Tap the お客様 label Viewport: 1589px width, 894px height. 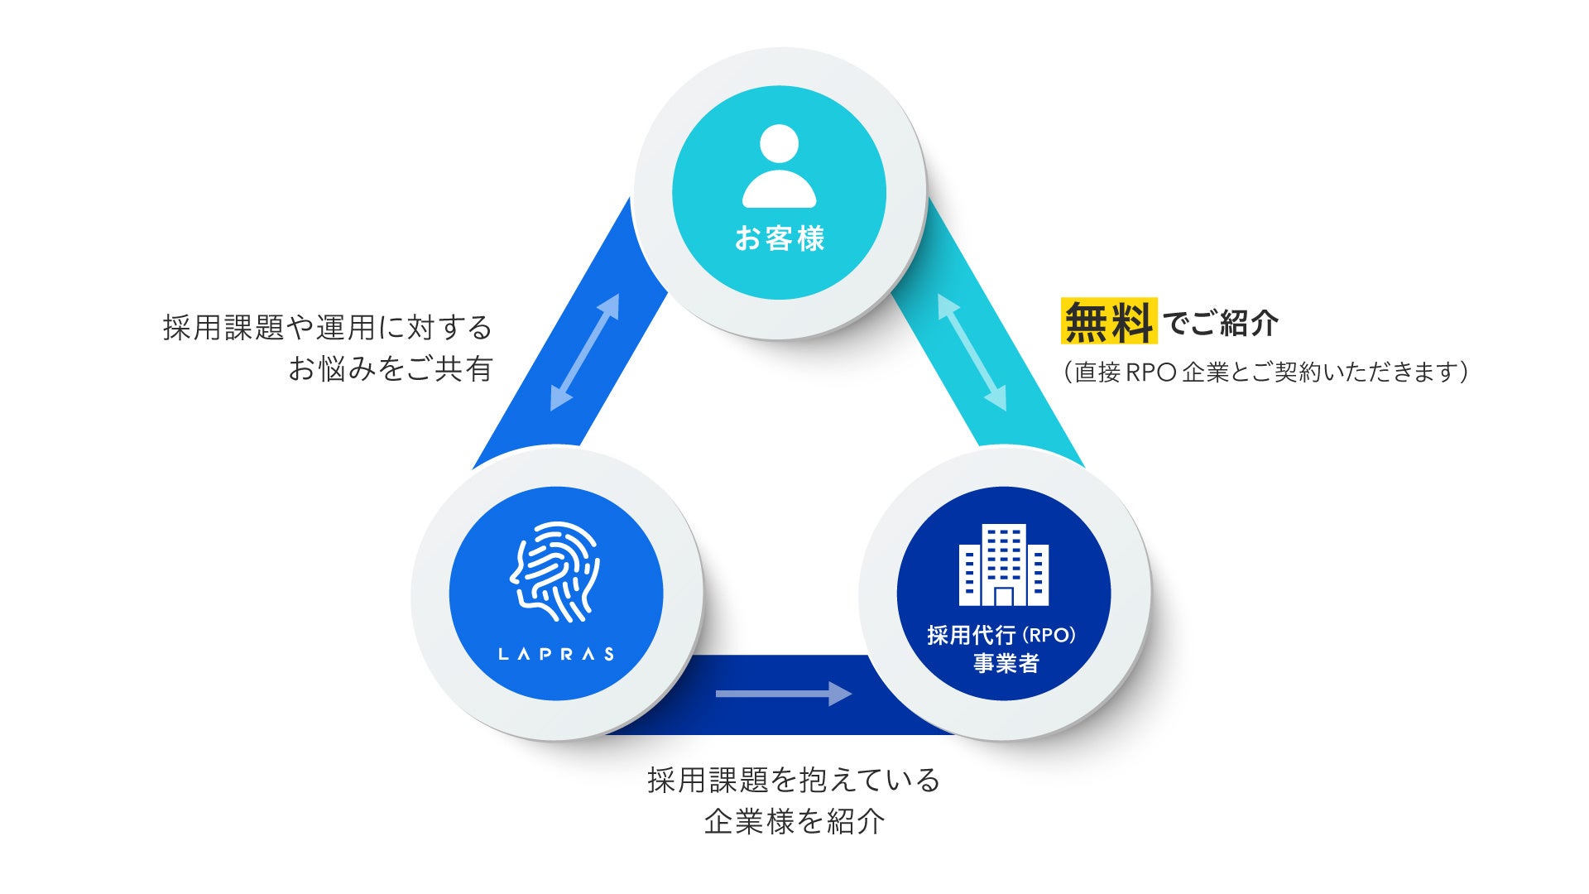coord(780,239)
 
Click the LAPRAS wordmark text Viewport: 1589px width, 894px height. coord(556,654)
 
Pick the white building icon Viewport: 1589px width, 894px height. coord(1003,565)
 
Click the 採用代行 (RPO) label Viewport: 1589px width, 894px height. coord(1001,635)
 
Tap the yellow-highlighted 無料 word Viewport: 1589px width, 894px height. coord(1108,321)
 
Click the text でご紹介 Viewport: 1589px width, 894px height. coord(1220,323)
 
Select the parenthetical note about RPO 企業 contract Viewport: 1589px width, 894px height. coord(1265,372)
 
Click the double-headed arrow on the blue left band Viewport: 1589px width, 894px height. coord(584,353)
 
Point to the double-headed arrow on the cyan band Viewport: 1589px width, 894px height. coord(972,353)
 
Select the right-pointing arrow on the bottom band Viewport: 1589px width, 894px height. coord(783,694)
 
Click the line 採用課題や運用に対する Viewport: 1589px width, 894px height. coord(328,328)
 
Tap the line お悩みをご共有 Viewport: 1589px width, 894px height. coord(390,368)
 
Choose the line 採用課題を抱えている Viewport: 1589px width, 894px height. coord(794,781)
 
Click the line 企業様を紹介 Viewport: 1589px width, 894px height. coord(794,821)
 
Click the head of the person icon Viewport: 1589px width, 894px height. coord(779,145)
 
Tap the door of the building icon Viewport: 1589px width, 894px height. coord(1004,597)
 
